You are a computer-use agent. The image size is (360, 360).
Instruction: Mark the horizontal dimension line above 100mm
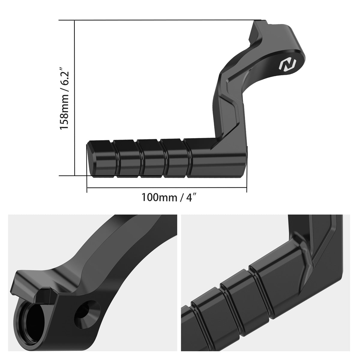(166, 188)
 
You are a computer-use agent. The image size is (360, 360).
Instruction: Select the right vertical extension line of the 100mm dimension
(247, 183)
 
